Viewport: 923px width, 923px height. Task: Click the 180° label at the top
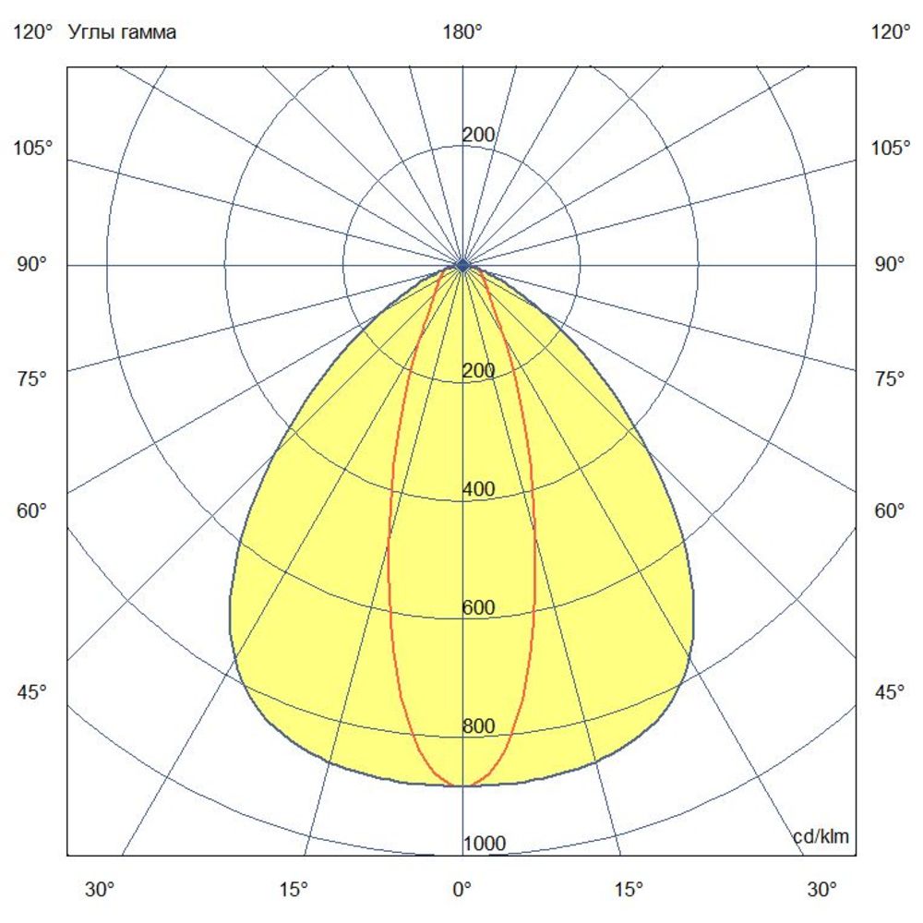(x=462, y=32)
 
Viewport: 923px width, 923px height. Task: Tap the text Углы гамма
(x=123, y=32)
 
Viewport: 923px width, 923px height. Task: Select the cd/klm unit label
(x=821, y=837)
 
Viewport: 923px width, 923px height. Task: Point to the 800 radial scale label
(x=478, y=726)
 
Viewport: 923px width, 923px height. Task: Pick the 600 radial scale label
(x=478, y=607)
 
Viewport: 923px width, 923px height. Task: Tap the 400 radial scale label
(x=478, y=489)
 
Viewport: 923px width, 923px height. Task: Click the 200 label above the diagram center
(x=478, y=136)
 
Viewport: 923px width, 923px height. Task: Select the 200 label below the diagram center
(x=478, y=371)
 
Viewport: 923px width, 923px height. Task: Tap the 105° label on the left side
(x=33, y=148)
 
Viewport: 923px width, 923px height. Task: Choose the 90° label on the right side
(x=890, y=265)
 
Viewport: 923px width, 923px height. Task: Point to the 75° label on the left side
(x=33, y=378)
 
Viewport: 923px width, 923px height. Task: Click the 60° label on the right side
(x=890, y=510)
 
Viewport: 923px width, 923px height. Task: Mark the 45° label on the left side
(x=33, y=692)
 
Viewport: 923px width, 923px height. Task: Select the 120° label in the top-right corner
(x=890, y=32)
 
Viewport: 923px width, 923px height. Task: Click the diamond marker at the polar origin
(x=462, y=265)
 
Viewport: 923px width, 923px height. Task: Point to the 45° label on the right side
(x=890, y=692)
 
